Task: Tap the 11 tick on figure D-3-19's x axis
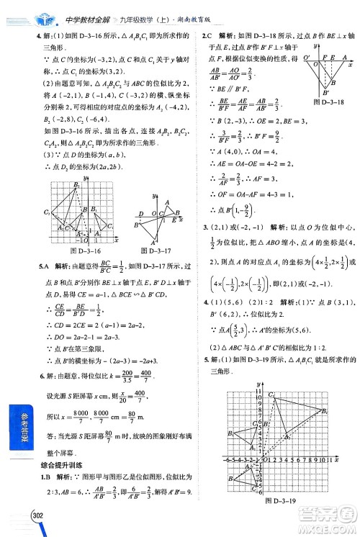(327, 459)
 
